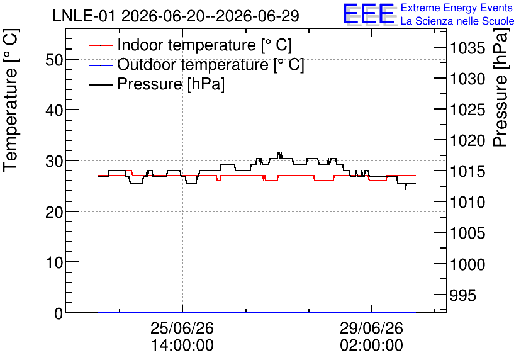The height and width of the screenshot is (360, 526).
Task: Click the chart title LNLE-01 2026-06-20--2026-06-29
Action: pos(176,16)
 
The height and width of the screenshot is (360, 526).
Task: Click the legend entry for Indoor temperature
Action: pos(190,45)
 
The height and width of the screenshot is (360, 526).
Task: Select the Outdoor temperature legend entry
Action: pos(196,64)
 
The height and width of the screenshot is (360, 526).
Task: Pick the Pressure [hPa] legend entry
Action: pos(157,84)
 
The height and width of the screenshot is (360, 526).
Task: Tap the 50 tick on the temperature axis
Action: pos(54,60)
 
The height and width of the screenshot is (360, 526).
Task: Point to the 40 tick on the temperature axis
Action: pos(54,110)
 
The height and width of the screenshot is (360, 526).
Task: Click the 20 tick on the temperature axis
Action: pos(54,211)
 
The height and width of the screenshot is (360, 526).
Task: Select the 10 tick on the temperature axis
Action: pos(54,262)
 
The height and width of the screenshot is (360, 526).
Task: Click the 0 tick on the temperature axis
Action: pos(59,313)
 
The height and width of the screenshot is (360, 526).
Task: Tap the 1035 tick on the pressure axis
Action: pos(467,48)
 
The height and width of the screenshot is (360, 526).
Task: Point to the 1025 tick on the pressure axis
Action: pos(467,110)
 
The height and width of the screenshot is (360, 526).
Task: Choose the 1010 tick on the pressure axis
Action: pos(467,202)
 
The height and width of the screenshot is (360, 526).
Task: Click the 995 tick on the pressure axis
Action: pos(463,295)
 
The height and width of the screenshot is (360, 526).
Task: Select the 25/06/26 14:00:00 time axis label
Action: pos(182,337)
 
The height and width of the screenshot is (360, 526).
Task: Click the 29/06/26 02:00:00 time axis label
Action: pos(372,337)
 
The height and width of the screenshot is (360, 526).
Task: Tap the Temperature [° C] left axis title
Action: pos(11,100)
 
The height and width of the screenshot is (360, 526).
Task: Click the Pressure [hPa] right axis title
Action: pos(501,87)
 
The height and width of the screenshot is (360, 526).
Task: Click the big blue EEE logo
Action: pos(369,14)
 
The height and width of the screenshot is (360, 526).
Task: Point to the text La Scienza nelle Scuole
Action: pos(457,21)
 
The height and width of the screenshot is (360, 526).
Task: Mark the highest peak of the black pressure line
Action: pos(279,152)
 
